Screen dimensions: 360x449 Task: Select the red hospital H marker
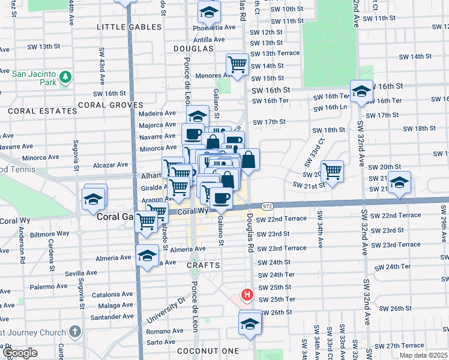(x=246, y=294)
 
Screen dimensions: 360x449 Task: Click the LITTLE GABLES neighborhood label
(x=130, y=27)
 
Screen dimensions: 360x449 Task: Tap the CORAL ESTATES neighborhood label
(x=34, y=111)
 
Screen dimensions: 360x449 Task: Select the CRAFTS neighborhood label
(x=205, y=265)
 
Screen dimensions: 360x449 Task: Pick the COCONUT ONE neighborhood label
(x=208, y=350)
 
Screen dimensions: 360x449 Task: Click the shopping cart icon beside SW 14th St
(x=237, y=64)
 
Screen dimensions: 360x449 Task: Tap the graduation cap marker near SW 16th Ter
(x=361, y=91)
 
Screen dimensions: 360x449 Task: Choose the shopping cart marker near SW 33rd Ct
(x=331, y=170)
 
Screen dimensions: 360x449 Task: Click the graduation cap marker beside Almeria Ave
(x=147, y=256)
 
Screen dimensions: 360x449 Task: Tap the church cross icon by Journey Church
(x=74, y=331)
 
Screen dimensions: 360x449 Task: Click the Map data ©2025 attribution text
(x=424, y=355)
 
